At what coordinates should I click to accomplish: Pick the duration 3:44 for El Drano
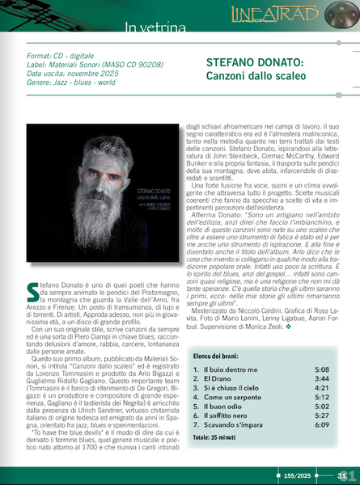point(320,378)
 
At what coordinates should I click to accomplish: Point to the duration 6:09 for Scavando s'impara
point(320,425)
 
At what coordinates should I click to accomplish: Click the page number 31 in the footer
point(343,474)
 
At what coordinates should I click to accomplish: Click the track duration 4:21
point(320,388)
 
